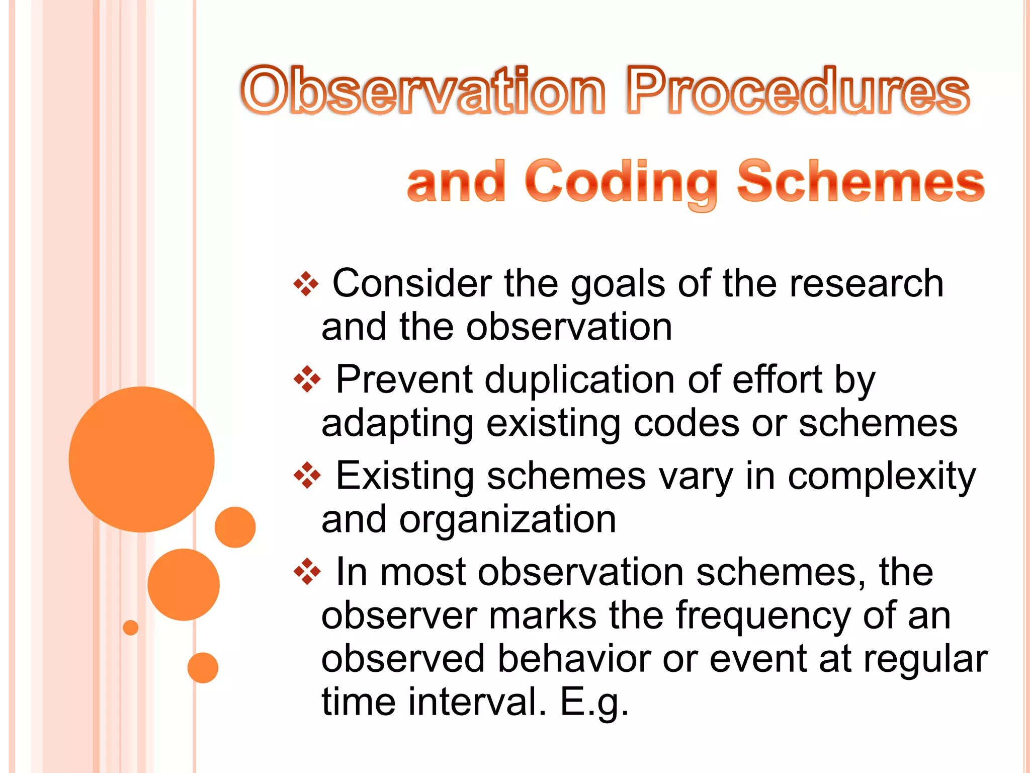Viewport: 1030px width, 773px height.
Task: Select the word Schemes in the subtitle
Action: (860, 181)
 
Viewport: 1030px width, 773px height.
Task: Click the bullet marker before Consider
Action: (306, 284)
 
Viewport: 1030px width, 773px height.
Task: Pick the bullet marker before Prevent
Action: (307, 380)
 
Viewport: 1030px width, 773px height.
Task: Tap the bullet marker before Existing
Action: (307, 476)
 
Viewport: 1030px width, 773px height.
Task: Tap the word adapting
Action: (397, 424)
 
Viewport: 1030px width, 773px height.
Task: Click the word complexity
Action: (881, 476)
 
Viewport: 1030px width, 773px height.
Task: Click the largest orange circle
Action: (141, 459)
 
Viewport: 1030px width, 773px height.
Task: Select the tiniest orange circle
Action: (130, 628)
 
